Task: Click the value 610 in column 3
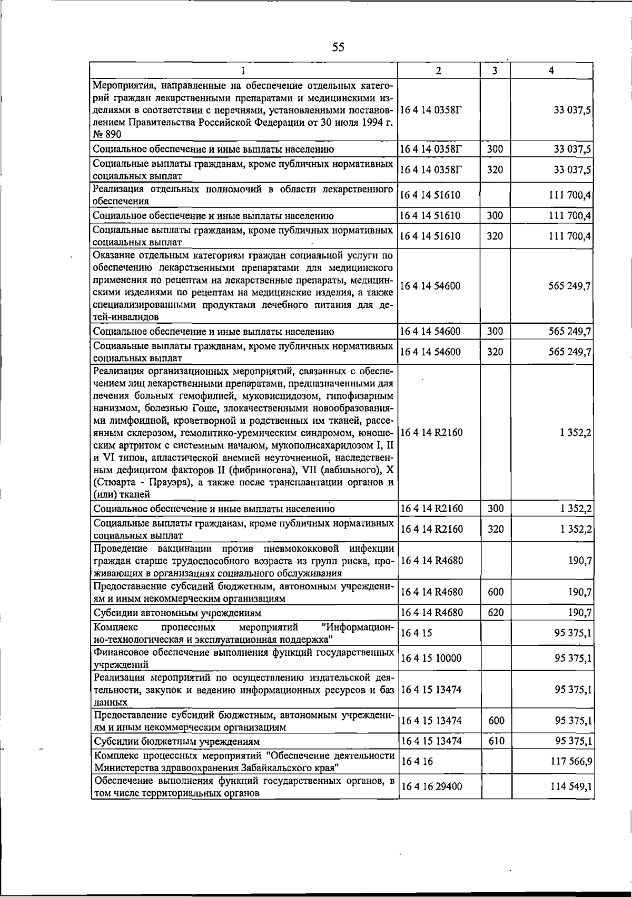[x=496, y=741]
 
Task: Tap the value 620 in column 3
[x=496, y=613]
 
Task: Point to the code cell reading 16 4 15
[x=416, y=633]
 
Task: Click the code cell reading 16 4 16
[x=416, y=762]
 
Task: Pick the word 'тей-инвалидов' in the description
[x=122, y=317]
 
